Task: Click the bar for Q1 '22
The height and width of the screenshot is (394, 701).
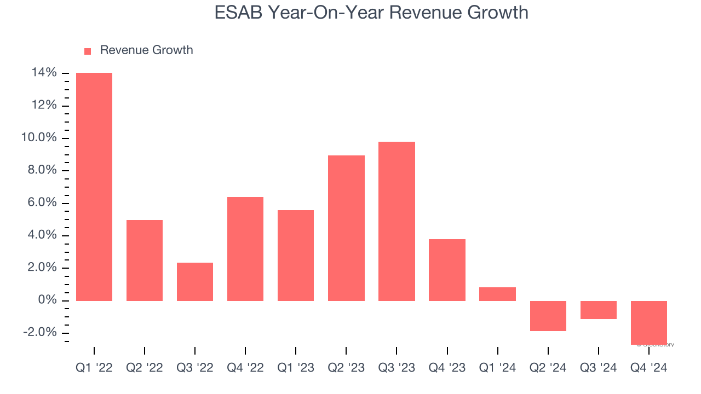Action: click(x=94, y=187)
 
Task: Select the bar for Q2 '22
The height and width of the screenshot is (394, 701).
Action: click(x=145, y=260)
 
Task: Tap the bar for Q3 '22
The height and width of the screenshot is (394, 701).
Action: click(x=195, y=282)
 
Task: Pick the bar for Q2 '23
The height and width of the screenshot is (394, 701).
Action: click(x=346, y=228)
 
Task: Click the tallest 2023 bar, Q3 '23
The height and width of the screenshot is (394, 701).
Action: click(x=397, y=221)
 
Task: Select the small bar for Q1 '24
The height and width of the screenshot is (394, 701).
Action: click(x=497, y=294)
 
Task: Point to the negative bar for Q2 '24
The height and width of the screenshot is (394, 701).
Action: click(x=548, y=316)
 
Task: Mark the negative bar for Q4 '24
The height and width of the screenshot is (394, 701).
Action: click(x=648, y=323)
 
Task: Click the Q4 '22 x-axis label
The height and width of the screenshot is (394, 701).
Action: click(x=245, y=368)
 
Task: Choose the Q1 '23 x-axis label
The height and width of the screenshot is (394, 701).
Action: click(x=296, y=368)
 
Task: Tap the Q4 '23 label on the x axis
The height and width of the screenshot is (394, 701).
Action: click(x=447, y=368)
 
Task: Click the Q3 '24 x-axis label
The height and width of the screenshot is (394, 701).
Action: click(x=598, y=368)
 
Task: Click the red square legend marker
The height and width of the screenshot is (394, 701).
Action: click(x=88, y=51)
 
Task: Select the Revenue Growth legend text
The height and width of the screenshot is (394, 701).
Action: click(x=146, y=50)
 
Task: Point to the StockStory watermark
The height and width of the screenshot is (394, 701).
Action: click(x=656, y=345)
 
